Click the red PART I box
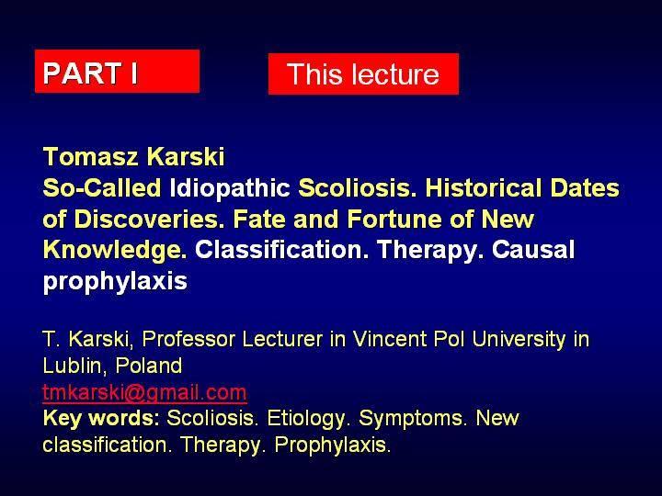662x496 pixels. point(117,71)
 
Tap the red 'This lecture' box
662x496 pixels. point(363,73)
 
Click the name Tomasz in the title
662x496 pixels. point(91,156)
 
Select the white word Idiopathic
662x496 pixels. point(230,188)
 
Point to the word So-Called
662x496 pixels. point(102,187)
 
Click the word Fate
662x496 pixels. point(258,219)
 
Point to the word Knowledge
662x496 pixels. point(115,250)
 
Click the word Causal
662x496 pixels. point(532,250)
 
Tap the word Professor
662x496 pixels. point(188,339)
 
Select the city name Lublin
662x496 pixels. point(74,366)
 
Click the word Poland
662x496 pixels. point(149,366)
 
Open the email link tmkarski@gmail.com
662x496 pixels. point(144,393)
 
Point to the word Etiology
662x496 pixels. point(306,419)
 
